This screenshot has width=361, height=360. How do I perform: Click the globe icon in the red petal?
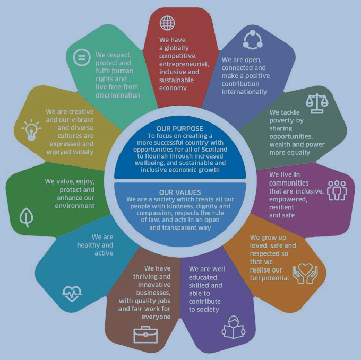(167, 23)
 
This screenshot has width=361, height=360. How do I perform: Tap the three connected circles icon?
(253, 40)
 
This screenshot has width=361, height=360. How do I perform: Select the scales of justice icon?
(317, 103)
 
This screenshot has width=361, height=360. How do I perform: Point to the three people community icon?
(337, 190)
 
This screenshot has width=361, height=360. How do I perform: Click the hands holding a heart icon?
(305, 274)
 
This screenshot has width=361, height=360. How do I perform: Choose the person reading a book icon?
(234, 327)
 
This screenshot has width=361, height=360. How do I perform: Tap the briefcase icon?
(145, 335)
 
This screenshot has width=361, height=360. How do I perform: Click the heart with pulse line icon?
(72, 294)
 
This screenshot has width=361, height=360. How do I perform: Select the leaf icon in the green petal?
(27, 217)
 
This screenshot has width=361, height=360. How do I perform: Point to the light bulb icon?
(31, 130)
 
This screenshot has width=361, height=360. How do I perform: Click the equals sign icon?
(82, 57)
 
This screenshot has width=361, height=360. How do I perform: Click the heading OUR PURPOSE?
(180, 129)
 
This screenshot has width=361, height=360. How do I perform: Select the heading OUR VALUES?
(180, 192)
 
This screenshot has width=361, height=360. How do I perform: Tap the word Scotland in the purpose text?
(214, 150)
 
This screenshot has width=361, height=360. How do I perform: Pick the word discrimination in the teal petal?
(118, 95)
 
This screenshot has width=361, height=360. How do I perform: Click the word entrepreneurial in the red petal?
(184, 64)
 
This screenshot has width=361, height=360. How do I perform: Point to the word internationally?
(244, 92)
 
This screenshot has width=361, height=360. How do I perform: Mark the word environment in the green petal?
(75, 206)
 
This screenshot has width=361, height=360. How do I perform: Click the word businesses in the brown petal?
(153, 293)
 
